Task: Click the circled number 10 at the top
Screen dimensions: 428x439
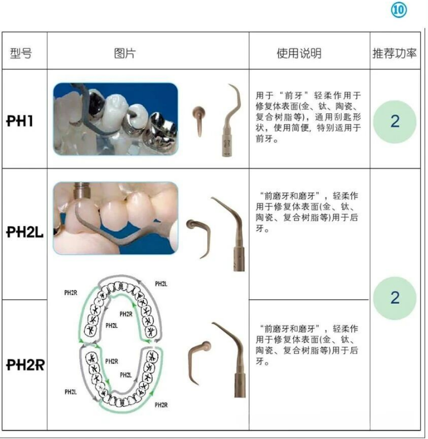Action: [x=399, y=10]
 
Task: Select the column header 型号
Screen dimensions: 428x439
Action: [x=21, y=53]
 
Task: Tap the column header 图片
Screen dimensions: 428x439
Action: [x=125, y=53]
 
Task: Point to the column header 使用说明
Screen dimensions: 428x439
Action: [x=299, y=53]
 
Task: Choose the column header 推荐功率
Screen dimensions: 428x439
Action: [x=395, y=53]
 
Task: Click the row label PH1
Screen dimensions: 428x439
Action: [x=20, y=121]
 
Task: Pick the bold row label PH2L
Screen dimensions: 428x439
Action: [x=25, y=232]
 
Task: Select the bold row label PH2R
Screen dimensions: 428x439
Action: [x=25, y=365]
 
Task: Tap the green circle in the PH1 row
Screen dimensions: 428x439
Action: [x=395, y=122]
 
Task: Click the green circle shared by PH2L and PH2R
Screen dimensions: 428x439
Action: [x=395, y=298]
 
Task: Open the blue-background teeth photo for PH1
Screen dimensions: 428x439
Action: [x=115, y=119]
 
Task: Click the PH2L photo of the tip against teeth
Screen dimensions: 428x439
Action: [x=115, y=218]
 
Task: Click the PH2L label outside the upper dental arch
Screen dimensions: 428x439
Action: [x=161, y=284]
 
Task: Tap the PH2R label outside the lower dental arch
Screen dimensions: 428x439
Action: [x=161, y=405]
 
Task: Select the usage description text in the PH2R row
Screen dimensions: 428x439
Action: [x=307, y=345]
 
